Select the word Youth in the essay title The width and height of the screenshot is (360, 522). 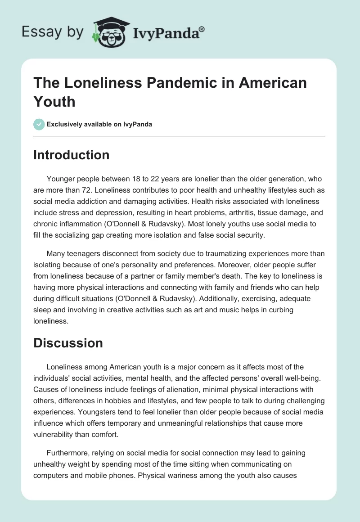click(54, 101)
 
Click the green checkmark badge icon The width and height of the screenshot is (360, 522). click(39, 124)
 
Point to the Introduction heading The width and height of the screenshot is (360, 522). click(72, 155)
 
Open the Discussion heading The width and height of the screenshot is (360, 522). click(68, 343)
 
